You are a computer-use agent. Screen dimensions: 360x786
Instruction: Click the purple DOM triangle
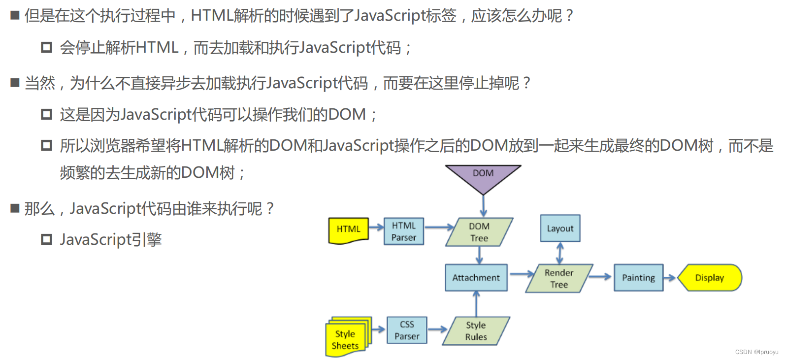coord(483,176)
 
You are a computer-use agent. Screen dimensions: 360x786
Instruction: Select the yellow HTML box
coord(349,230)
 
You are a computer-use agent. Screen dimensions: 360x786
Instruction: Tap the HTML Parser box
coord(404,231)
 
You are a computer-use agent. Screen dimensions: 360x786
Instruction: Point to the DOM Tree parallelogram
coord(479,232)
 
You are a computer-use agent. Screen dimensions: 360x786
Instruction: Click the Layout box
coord(560,229)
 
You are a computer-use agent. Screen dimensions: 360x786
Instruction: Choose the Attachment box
coord(476,278)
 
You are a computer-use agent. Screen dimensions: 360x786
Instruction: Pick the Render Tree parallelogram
coord(559,279)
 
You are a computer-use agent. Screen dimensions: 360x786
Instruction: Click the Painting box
coord(638,278)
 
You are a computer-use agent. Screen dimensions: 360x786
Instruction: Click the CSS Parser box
coord(407,330)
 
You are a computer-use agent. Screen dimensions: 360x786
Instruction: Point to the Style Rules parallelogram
coord(476,331)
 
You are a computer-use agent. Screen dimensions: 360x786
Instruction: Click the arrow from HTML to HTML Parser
coord(376,227)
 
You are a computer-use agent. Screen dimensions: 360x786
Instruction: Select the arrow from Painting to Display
coord(670,278)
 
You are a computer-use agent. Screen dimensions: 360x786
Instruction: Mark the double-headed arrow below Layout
coord(560,253)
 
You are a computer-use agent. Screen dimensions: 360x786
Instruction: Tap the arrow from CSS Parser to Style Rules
coord(437,329)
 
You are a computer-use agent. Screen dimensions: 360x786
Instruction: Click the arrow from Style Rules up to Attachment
coord(476,303)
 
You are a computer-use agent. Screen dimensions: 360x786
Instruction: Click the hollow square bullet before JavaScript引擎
coord(47,240)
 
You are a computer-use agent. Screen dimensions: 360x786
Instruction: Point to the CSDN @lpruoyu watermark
coord(756,352)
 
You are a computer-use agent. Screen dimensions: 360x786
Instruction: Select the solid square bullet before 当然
coord(15,83)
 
